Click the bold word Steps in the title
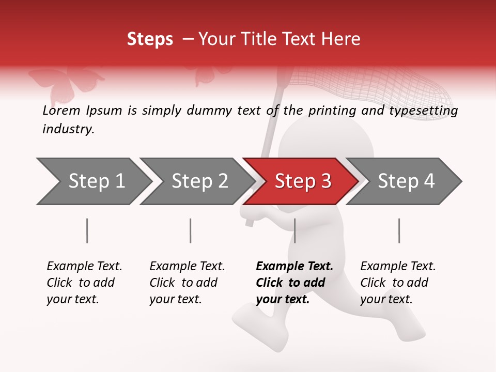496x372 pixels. pyautogui.click(x=150, y=39)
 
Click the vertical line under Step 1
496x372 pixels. pyautogui.click(x=87, y=230)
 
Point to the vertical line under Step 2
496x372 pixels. pyautogui.click(x=191, y=230)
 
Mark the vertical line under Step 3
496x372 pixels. pyautogui.click(x=295, y=230)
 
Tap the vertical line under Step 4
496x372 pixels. pyautogui.click(x=399, y=230)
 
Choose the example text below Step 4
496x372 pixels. pyautogui.click(x=398, y=283)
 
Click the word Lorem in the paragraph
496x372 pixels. pyautogui.click(x=62, y=111)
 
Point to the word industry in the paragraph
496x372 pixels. pyautogui.click(x=68, y=129)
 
